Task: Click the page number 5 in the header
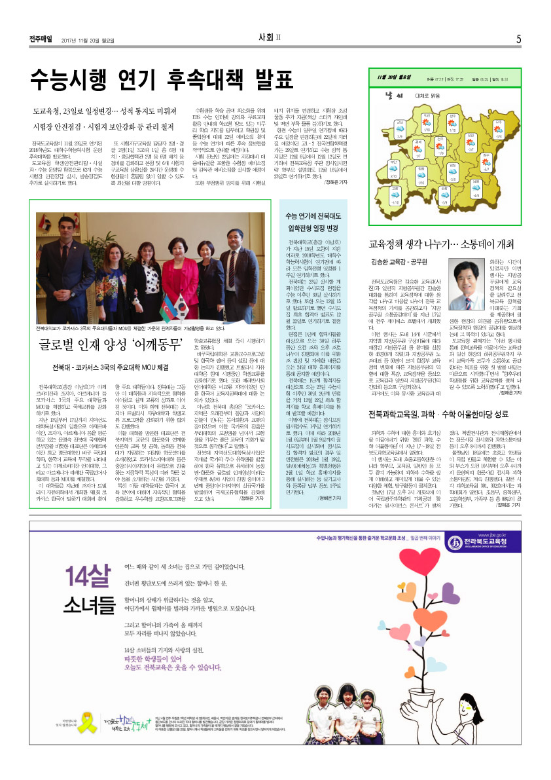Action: point(518,39)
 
